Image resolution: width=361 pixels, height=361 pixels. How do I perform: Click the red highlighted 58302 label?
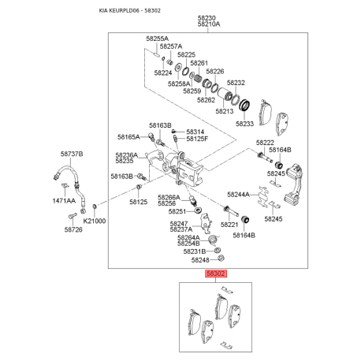point(215,274)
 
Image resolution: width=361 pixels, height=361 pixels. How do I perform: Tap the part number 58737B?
point(72,154)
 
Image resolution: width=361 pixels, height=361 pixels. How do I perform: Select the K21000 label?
point(95,221)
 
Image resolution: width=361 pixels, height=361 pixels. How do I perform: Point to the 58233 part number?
point(244,124)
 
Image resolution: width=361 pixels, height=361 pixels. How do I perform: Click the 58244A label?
point(238,195)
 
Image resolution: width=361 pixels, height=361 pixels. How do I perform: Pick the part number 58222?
point(265,143)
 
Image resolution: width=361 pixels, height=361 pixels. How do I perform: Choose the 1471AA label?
point(64,201)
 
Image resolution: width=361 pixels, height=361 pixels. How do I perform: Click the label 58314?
point(195,132)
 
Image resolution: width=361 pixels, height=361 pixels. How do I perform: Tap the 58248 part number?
point(200,260)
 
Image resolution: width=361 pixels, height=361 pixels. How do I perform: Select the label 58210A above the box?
point(209,24)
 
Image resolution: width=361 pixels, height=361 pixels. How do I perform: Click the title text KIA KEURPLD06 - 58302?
point(130,10)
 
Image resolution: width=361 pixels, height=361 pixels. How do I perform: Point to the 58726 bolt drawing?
point(72,216)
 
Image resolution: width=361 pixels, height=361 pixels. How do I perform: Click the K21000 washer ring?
point(95,207)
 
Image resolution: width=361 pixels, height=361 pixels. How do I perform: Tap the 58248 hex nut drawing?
point(221,258)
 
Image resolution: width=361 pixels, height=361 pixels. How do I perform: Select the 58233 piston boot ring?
point(244,106)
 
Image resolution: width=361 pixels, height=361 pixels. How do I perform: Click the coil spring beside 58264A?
point(213,240)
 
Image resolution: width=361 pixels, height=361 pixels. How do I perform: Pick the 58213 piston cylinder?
point(225,94)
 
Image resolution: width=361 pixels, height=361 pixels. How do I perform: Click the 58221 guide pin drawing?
point(231,211)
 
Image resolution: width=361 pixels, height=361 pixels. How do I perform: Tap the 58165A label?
point(128,137)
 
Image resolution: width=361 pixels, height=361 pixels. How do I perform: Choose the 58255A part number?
point(158,39)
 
